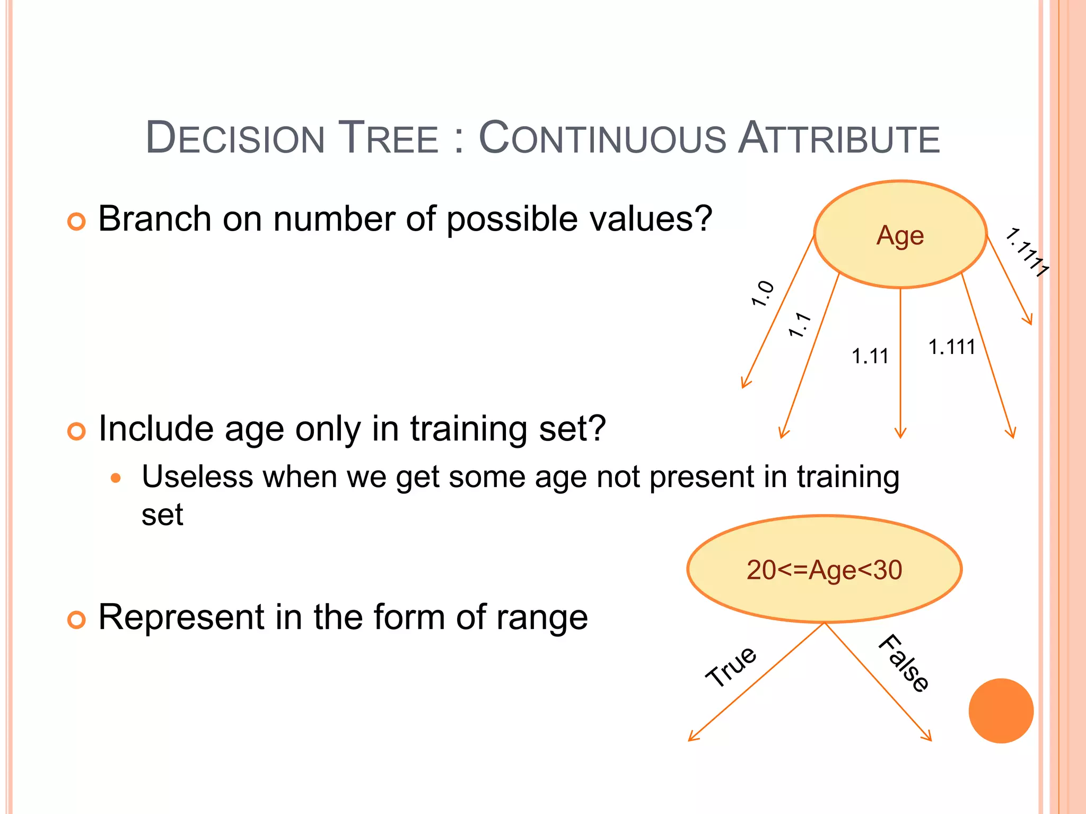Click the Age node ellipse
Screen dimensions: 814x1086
tap(900, 235)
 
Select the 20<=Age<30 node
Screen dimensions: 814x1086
tap(824, 570)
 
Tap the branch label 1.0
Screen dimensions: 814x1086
tap(763, 294)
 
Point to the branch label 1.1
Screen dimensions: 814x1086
tap(799, 325)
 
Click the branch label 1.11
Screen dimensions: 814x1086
tap(870, 357)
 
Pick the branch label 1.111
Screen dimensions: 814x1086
tap(952, 347)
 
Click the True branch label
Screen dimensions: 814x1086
tap(731, 667)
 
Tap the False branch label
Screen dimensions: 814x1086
tap(904, 663)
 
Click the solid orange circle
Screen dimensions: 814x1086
tap(1001, 711)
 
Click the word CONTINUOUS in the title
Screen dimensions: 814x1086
tap(602, 138)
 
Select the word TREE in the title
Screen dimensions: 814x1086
tap(388, 138)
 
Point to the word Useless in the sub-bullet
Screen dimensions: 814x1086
tap(197, 476)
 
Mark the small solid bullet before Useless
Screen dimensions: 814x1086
tap(116, 479)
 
